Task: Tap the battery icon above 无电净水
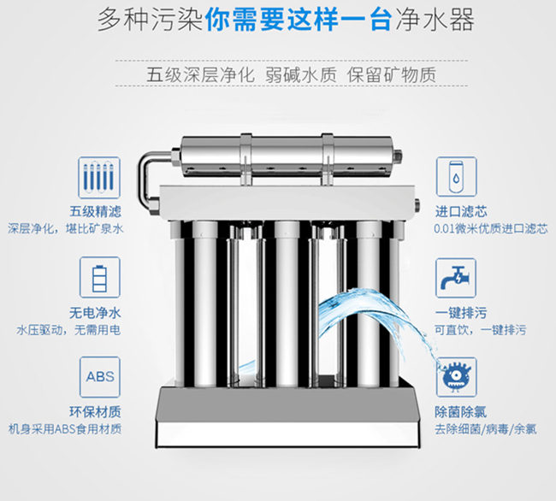point(98,277)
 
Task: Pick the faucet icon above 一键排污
point(456,277)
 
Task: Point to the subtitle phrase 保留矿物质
point(391,74)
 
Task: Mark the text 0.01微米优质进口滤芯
point(480,229)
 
